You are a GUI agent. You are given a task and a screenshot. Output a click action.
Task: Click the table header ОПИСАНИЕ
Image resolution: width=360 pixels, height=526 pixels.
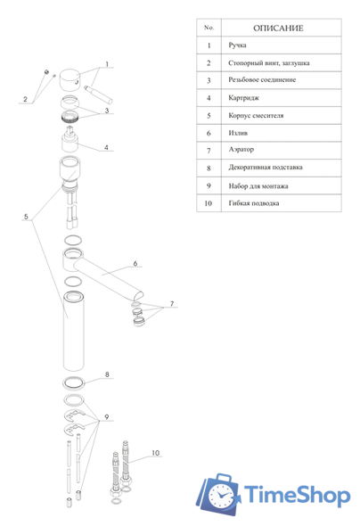[x=278, y=29]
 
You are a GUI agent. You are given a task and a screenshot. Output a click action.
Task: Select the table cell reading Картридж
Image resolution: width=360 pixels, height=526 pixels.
[x=243, y=98]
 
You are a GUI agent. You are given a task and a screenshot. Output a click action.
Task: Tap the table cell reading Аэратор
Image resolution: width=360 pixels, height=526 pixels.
[x=241, y=149]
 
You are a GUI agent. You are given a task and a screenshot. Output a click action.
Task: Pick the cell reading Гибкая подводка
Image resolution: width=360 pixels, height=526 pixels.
[x=254, y=203]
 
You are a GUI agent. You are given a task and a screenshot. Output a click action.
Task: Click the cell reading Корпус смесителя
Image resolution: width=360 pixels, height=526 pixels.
[x=256, y=115]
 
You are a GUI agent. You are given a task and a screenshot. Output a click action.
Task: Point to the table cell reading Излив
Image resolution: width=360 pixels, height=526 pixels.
[x=238, y=133]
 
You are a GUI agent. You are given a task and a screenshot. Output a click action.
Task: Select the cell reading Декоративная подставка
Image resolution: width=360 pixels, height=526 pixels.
[x=266, y=167]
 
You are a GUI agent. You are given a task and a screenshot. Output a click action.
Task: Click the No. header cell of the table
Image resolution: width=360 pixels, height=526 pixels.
[x=209, y=28]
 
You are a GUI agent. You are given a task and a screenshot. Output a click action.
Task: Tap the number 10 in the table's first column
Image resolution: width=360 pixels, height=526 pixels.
[x=209, y=203]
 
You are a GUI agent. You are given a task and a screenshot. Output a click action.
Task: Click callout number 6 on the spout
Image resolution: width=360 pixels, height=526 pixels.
[x=135, y=263]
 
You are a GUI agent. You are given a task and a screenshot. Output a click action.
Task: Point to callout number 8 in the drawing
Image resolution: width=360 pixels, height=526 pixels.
[x=107, y=374]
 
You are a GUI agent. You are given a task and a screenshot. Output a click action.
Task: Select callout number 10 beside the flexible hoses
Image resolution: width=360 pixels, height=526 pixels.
[x=156, y=453]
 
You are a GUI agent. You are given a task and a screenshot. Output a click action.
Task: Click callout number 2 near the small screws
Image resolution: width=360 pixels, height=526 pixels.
[x=25, y=99]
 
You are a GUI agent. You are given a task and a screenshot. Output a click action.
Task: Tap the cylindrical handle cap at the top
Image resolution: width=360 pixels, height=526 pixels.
[x=70, y=79]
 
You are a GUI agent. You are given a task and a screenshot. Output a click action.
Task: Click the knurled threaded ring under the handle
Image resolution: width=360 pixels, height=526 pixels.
[x=70, y=117]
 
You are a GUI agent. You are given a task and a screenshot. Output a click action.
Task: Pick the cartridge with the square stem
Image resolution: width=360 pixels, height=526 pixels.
[x=70, y=139]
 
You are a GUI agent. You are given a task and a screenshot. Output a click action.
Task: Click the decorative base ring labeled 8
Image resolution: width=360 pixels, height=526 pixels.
[x=73, y=383]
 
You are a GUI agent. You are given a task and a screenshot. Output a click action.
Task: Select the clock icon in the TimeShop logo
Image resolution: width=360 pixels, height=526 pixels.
[x=221, y=495]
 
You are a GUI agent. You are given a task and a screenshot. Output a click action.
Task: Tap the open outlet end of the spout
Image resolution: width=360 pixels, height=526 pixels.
[x=139, y=295]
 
